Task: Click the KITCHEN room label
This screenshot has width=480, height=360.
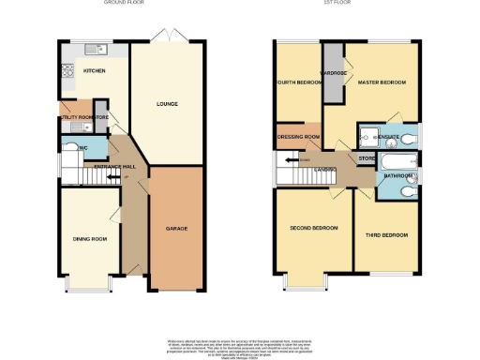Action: (94, 71)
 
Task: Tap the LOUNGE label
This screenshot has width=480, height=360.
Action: (166, 103)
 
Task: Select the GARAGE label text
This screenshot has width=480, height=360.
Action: (176, 228)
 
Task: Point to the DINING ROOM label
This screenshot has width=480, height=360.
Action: (90, 239)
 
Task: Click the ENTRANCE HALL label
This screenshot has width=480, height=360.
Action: (114, 166)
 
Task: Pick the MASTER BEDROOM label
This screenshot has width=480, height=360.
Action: (382, 82)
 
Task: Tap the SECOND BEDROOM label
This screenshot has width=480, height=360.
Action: (313, 228)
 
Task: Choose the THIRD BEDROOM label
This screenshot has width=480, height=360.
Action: (385, 233)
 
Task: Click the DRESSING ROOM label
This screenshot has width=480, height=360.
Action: (299, 137)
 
